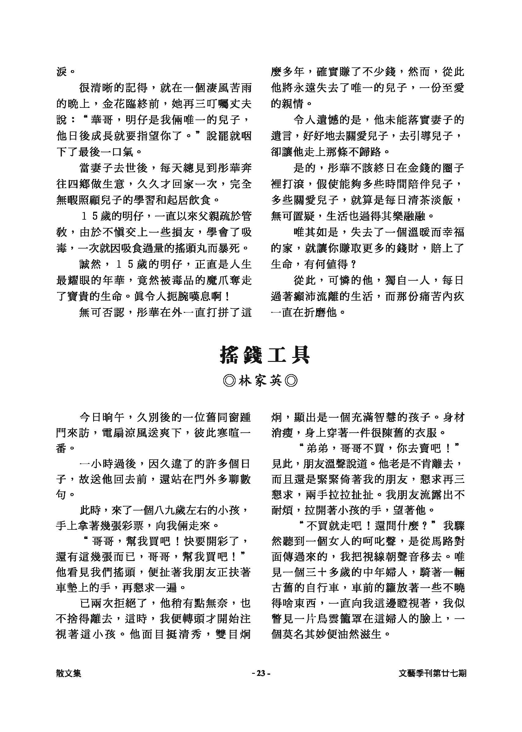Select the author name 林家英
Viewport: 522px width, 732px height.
click(x=260, y=381)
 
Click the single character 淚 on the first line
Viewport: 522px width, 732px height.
click(x=61, y=72)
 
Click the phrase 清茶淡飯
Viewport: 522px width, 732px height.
click(x=431, y=200)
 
